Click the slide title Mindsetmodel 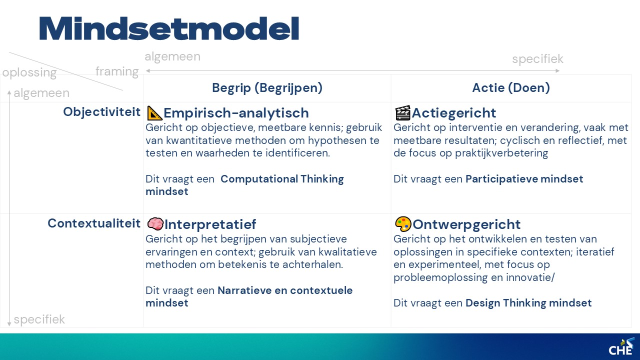(x=169, y=28)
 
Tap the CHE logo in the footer (x=621, y=346)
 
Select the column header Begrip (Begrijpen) (x=267, y=87)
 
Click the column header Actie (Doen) (x=511, y=87)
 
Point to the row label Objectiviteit (x=101, y=111)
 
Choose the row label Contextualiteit (x=94, y=223)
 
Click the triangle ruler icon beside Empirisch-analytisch (x=154, y=113)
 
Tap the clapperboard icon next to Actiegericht (x=402, y=112)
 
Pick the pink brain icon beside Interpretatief (x=155, y=223)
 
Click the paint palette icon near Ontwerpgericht (x=403, y=224)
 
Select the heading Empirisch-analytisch (x=236, y=113)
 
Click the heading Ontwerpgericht (x=466, y=224)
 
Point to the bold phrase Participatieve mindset (x=524, y=179)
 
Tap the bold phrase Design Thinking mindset (x=528, y=303)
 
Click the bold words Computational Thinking (x=282, y=179)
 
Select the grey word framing (x=117, y=71)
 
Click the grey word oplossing (x=29, y=72)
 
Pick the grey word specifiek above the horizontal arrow (x=537, y=59)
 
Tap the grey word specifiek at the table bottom (x=39, y=319)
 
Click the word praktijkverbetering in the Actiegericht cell (x=501, y=153)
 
